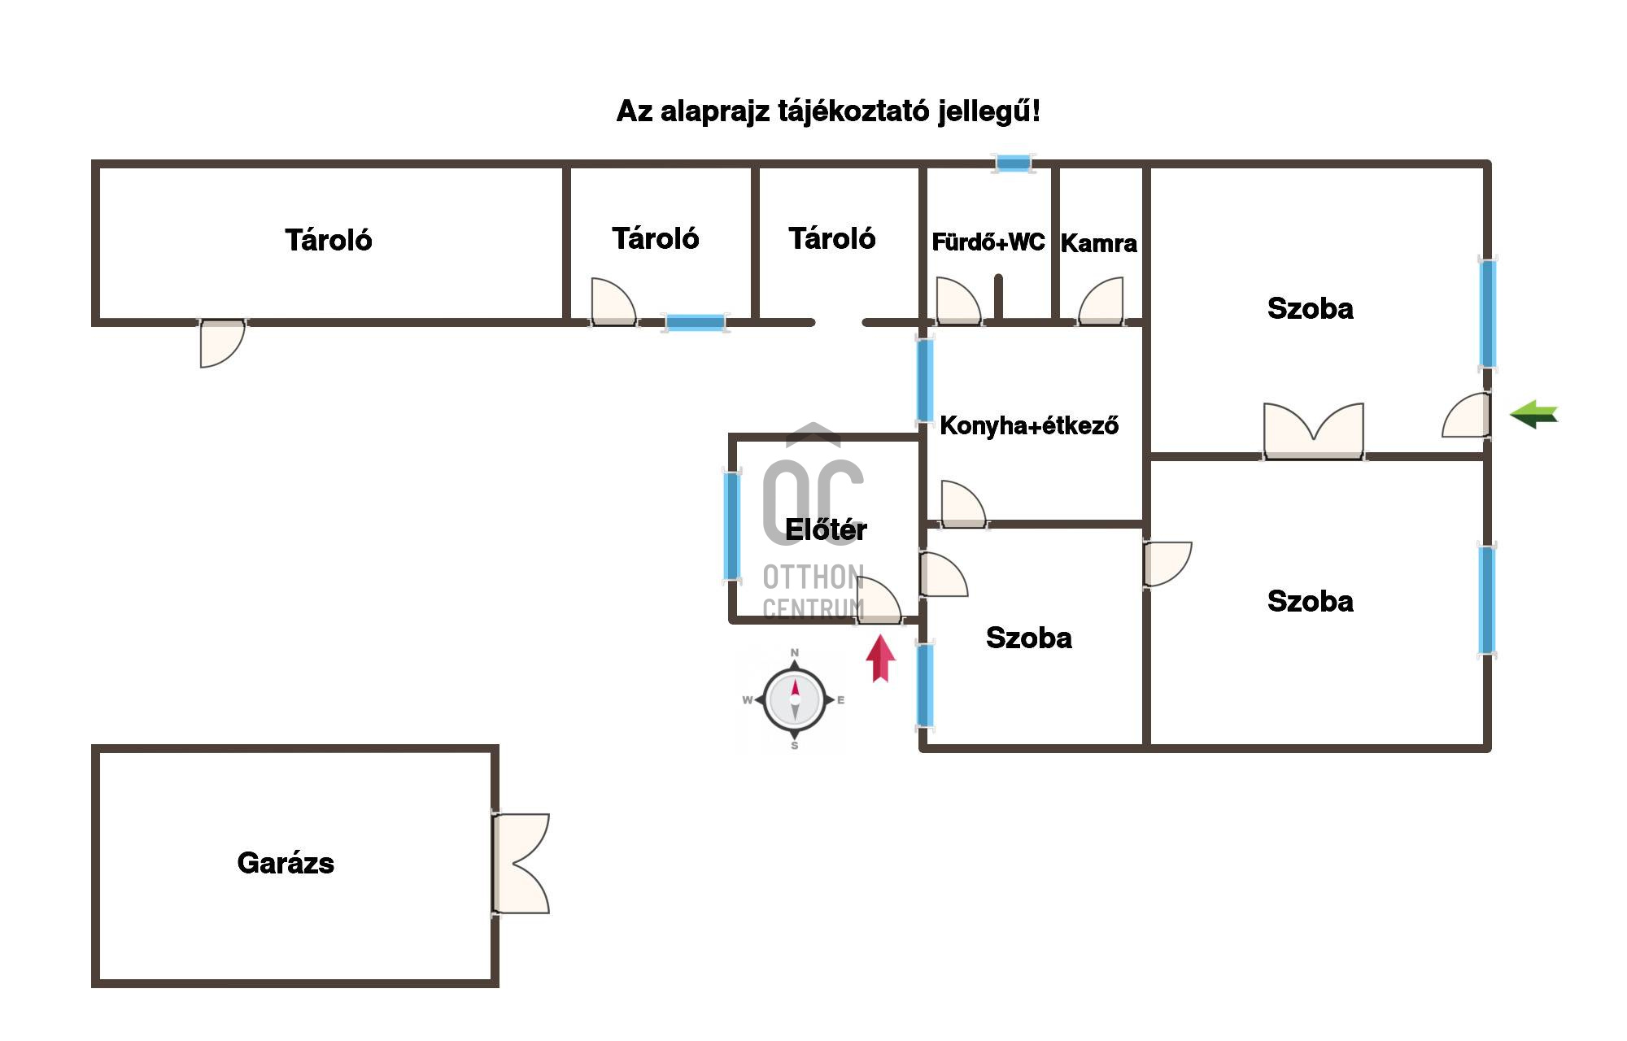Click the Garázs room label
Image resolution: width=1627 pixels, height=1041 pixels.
(x=286, y=863)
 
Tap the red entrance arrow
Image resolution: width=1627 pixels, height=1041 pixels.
(x=880, y=658)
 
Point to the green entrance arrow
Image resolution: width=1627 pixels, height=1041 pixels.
(x=1533, y=415)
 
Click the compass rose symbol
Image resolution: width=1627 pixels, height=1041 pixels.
(x=795, y=699)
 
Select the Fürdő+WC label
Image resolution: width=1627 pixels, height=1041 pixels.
(x=988, y=242)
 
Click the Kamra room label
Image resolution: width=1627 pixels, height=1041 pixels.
(x=1098, y=243)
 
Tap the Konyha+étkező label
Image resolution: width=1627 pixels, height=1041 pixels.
(x=1029, y=425)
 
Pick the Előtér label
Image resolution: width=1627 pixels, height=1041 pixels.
(x=826, y=529)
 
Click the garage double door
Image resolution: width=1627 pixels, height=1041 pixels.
(x=521, y=863)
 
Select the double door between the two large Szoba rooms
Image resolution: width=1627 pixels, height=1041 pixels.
(x=1313, y=431)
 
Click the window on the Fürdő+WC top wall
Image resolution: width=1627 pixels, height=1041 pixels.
(x=1014, y=164)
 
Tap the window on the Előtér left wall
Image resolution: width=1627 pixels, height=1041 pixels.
(x=732, y=526)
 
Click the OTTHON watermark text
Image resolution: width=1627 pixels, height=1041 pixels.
(x=813, y=577)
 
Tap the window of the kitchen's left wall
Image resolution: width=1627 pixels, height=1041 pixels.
(x=925, y=380)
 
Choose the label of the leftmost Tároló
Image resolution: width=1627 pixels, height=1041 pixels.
(x=328, y=240)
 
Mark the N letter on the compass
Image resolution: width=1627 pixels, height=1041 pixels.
(x=795, y=652)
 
